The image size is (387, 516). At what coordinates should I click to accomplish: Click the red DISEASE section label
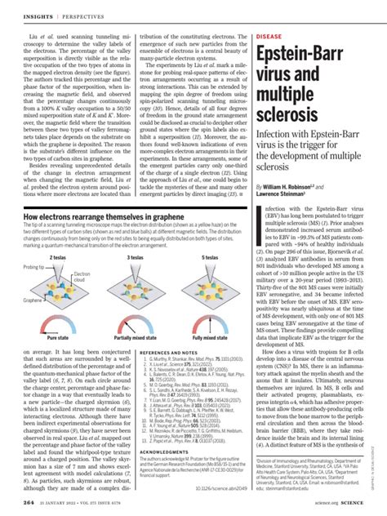270,38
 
